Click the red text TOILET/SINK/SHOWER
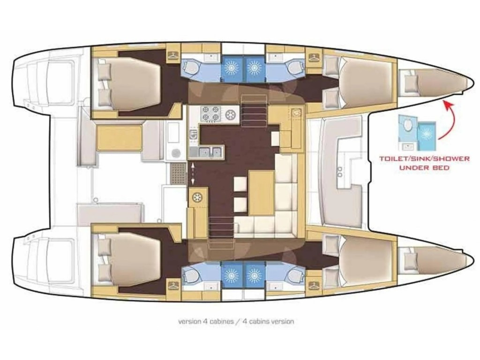(425, 158)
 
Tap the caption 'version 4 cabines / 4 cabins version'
(236, 322)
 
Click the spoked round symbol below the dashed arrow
(198, 197)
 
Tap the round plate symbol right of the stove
(230, 113)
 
